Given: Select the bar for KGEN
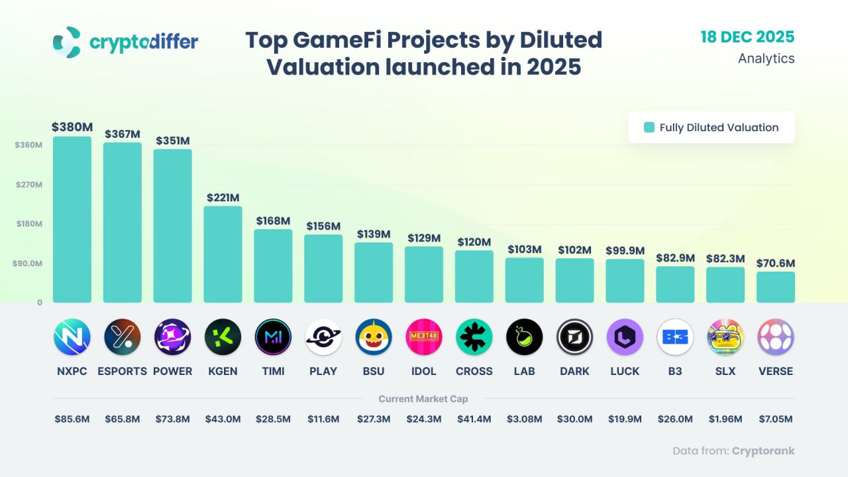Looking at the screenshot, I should pos(223,254).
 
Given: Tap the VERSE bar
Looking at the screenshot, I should pos(776,287).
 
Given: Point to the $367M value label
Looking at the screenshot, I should pos(123,134).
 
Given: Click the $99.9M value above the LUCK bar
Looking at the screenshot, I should pos(625,250).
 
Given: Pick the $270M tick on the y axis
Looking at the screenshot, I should pos(29,185).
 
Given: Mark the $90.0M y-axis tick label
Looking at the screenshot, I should pos(28,264).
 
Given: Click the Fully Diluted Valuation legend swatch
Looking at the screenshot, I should pos(649,128).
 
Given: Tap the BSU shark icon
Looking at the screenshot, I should pos(374,337).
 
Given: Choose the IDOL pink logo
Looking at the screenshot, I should pos(424,337).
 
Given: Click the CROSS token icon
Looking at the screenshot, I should pos(474,337).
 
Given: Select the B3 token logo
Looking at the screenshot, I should pos(675,337).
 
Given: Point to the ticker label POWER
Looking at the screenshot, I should pos(173,371).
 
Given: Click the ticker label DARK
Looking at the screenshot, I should pos(574,371).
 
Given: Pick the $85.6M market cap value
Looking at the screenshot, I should pos(72,419).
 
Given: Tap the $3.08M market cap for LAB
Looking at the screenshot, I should pos(525,419).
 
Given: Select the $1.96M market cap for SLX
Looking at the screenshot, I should pos(725,419).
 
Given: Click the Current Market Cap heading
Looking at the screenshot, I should pos(423,399).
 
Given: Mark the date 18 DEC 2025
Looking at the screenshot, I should pos(747,37).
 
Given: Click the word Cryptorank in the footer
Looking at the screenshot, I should pos(763,451).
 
